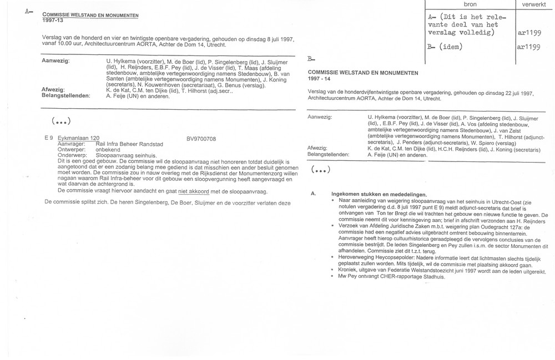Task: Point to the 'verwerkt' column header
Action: pos(534,4)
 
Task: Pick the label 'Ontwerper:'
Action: pos(74,149)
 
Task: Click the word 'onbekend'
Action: pos(109,149)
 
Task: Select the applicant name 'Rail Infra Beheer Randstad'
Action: pos(134,143)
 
